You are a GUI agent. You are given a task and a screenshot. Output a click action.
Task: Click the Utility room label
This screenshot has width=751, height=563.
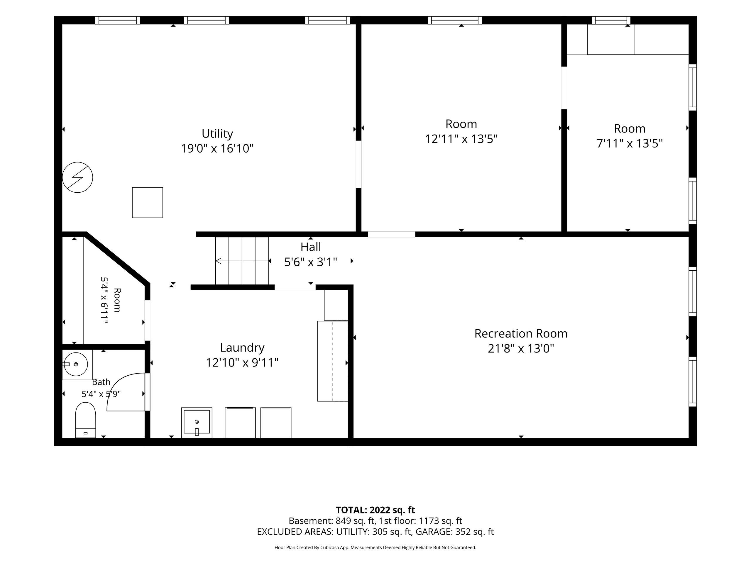pyautogui.click(x=217, y=134)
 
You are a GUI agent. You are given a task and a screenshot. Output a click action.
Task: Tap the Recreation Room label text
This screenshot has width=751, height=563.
pyautogui.click(x=521, y=334)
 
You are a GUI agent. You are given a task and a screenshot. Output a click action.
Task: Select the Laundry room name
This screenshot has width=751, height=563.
pyautogui.click(x=242, y=348)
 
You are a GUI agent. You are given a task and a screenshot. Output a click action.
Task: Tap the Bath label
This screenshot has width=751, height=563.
pyautogui.click(x=101, y=382)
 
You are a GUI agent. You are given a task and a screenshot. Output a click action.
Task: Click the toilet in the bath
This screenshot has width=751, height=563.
pyautogui.click(x=85, y=420)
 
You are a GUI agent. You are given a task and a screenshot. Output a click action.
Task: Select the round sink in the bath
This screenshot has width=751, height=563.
pyautogui.click(x=75, y=364)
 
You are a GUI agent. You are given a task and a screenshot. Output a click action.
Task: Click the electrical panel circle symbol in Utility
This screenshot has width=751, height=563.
pyautogui.click(x=77, y=177)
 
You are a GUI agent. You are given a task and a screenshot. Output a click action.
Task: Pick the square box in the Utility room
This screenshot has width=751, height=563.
pyautogui.click(x=147, y=203)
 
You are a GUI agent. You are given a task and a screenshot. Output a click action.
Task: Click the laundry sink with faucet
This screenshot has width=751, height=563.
pyautogui.click(x=197, y=423)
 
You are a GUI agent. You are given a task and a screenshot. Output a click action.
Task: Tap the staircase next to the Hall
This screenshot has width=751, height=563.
pyautogui.click(x=242, y=261)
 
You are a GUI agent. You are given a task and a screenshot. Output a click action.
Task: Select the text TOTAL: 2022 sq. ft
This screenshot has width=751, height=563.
pyautogui.click(x=375, y=510)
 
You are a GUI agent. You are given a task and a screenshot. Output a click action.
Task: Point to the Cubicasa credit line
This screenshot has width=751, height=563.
pyautogui.click(x=375, y=547)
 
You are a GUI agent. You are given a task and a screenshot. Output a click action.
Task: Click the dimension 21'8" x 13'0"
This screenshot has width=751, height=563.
pyautogui.click(x=521, y=349)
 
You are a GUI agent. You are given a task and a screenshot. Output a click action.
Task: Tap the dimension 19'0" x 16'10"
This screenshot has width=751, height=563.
pyautogui.click(x=217, y=149)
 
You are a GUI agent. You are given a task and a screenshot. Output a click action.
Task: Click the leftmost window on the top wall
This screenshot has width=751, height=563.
pyautogui.click(x=117, y=20)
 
